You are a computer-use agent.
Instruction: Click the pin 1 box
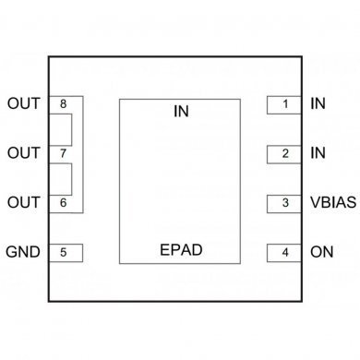285,103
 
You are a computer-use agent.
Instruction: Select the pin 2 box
285,153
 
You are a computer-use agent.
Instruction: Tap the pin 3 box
285,202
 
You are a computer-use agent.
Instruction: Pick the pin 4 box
285,251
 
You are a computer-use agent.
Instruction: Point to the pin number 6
63,202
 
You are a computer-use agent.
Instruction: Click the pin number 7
63,153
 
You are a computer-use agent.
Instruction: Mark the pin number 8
63,103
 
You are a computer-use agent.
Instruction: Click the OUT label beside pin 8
23,103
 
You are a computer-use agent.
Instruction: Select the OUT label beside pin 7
23,152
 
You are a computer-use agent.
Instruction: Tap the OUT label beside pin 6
23,202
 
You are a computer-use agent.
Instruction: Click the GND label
23,251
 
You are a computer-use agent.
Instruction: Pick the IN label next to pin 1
318,103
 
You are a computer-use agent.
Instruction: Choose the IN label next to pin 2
318,153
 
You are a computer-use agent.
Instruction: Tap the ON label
320,251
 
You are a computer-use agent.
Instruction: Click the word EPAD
180,249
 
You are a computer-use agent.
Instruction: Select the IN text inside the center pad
180,112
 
